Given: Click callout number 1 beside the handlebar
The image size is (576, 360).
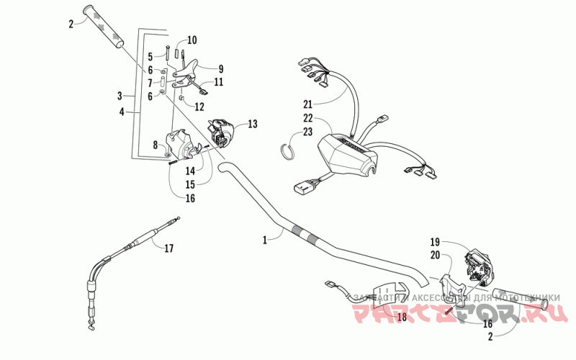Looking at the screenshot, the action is pyautogui.click(x=265, y=239).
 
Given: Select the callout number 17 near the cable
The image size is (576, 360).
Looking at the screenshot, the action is pyautogui.click(x=169, y=249).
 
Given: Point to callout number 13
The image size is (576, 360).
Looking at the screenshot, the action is pyautogui.click(x=252, y=124).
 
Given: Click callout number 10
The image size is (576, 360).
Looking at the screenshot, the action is pyautogui.click(x=192, y=40).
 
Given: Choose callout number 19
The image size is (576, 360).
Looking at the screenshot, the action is pyautogui.click(x=434, y=241).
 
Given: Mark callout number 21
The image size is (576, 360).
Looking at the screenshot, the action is pyautogui.click(x=307, y=104).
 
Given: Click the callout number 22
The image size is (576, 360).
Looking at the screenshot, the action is pyautogui.click(x=307, y=117).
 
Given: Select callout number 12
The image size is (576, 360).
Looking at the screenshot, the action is pyautogui.click(x=199, y=107).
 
